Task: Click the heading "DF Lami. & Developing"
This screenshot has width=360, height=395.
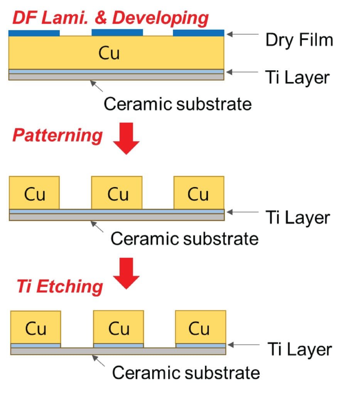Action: click(110, 18)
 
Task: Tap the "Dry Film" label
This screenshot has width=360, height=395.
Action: click(299, 40)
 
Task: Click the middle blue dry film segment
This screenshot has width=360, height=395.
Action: click(117, 32)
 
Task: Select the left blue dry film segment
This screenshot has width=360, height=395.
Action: click(34, 33)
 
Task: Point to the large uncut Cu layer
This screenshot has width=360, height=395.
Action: click(116, 53)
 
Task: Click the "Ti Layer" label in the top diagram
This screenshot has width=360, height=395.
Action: click(297, 77)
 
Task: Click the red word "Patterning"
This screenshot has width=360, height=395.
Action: click(57, 136)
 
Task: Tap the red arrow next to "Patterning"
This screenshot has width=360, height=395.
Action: click(126, 138)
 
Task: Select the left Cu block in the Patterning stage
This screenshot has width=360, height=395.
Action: click(34, 192)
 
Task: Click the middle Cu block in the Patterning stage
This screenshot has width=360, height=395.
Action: click(117, 192)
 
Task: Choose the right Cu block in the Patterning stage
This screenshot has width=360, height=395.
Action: click(199, 192)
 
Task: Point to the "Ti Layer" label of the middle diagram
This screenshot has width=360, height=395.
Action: click(297, 218)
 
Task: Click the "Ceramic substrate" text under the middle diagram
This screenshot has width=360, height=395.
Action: click(184, 238)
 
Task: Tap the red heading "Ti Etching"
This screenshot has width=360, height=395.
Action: click(59, 286)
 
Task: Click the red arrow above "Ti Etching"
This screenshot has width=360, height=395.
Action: click(126, 273)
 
